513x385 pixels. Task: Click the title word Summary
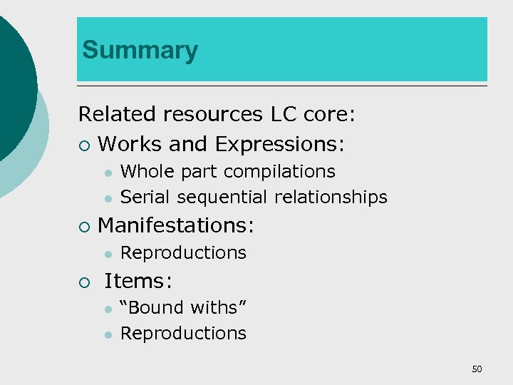pyautogui.click(x=140, y=51)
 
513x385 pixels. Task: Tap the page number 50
pyautogui.click(x=477, y=369)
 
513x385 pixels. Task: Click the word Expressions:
pyautogui.click(x=280, y=145)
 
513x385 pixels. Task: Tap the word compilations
pyautogui.click(x=280, y=172)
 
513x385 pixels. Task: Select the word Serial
pyautogui.click(x=143, y=197)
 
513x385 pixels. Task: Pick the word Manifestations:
pyautogui.click(x=175, y=225)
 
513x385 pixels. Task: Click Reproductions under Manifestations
pyautogui.click(x=183, y=252)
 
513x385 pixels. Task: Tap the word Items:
pyautogui.click(x=138, y=281)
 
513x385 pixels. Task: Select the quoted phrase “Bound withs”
pyautogui.click(x=183, y=307)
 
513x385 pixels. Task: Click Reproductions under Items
pyautogui.click(x=183, y=333)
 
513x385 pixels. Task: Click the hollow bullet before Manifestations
pyautogui.click(x=84, y=227)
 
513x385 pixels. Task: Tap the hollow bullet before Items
pyautogui.click(x=84, y=282)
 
